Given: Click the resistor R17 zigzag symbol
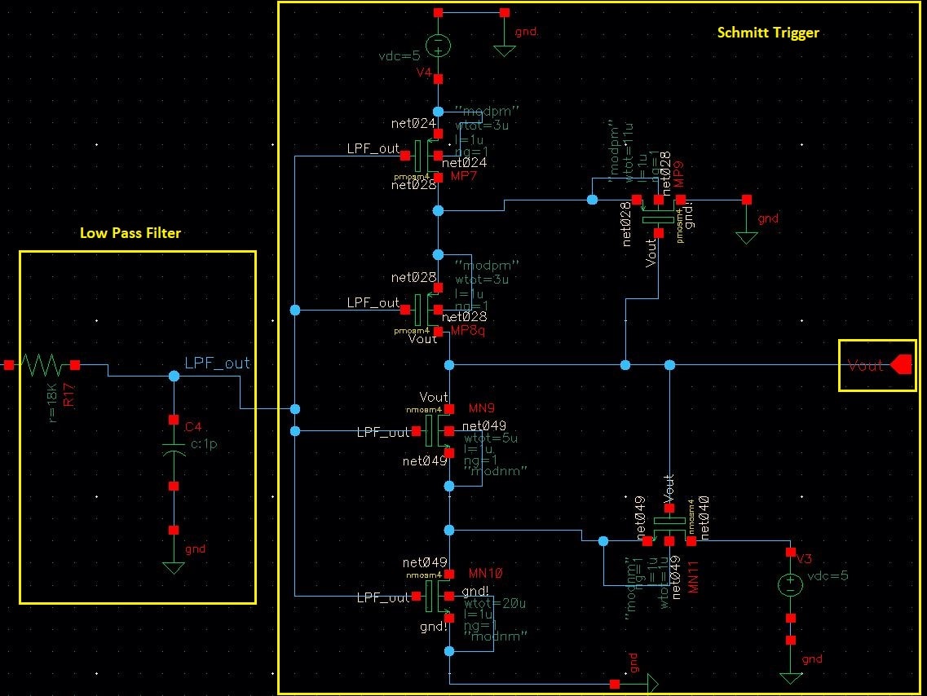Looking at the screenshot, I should click(42, 365).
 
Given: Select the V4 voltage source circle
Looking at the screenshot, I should click(438, 45).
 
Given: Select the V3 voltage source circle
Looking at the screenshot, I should click(789, 584).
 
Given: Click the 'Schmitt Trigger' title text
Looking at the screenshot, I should click(767, 33).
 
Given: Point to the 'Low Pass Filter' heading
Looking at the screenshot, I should click(130, 233).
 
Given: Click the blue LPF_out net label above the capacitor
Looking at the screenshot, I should click(217, 363).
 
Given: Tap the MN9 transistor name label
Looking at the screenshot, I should click(482, 407).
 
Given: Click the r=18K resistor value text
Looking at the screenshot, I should click(54, 402).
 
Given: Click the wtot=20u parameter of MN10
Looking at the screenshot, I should click(489, 604).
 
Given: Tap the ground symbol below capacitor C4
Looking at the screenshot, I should click(173, 566).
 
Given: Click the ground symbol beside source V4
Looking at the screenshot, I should click(505, 50).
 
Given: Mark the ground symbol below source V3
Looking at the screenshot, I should click(789, 676).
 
